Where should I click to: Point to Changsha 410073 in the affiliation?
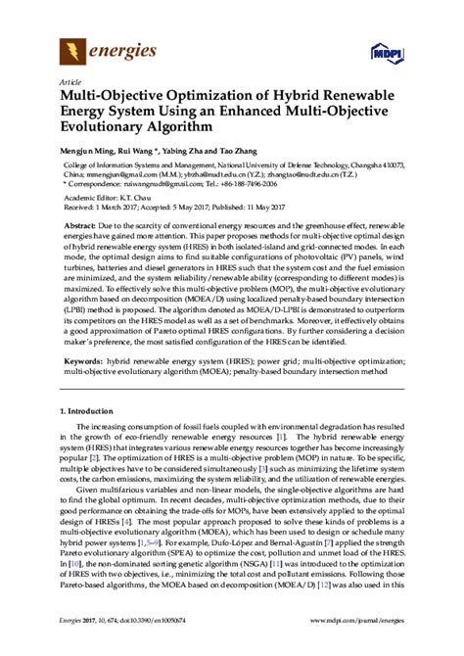(x=374, y=164)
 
